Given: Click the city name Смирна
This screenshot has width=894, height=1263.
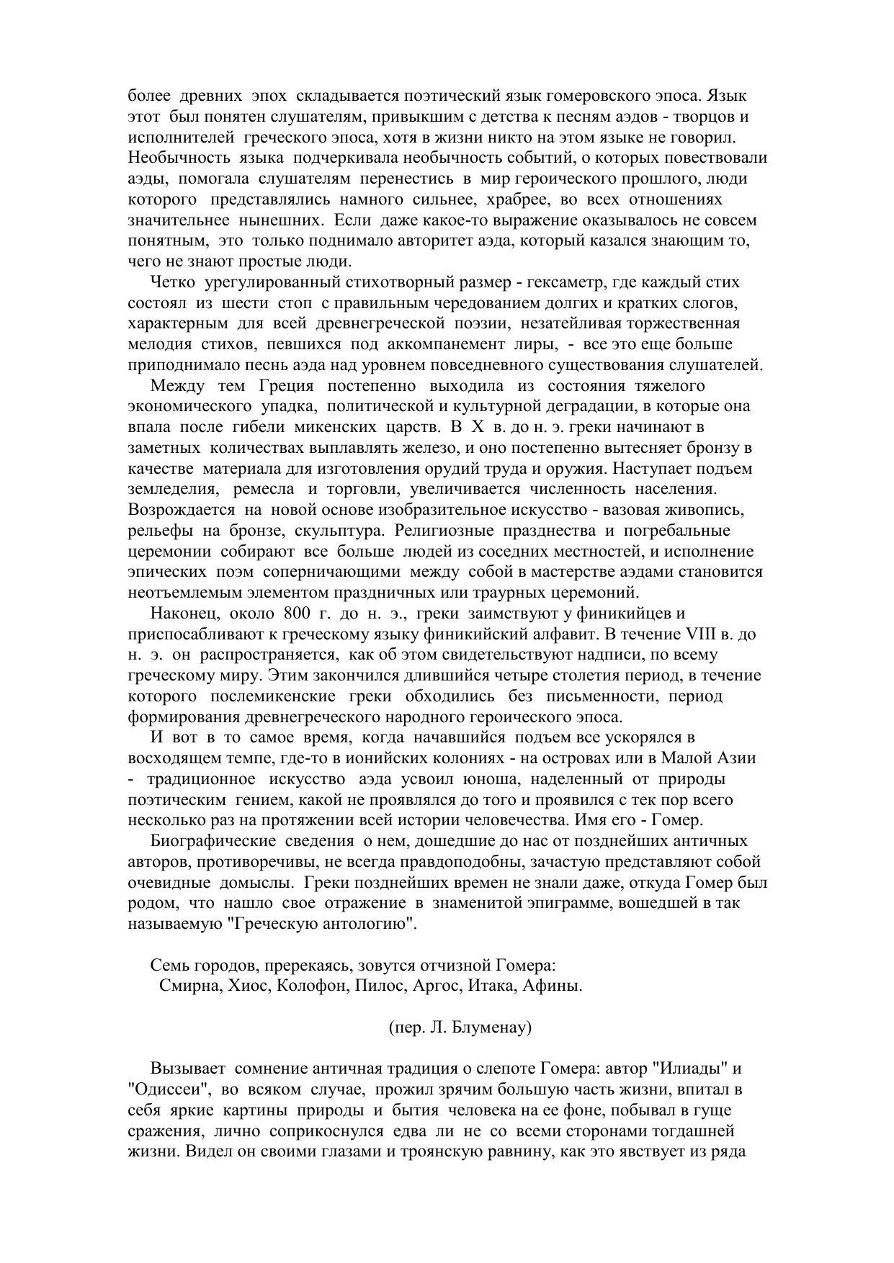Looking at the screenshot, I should (189, 986).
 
